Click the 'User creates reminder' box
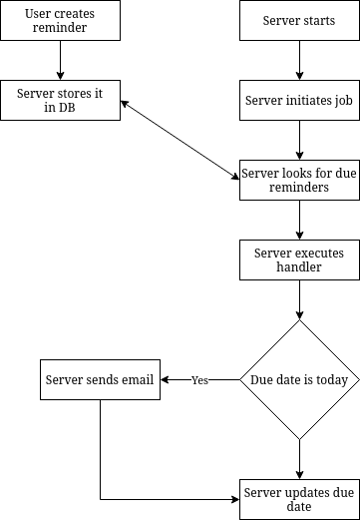pyautogui.click(x=60, y=21)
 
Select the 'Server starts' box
pyautogui.click(x=298, y=21)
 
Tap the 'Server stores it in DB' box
pyautogui.click(x=60, y=100)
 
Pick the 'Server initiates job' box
pyautogui.click(x=298, y=100)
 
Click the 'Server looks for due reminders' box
pyautogui.click(x=298, y=180)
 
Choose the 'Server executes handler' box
pyautogui.click(x=298, y=260)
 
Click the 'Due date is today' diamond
pyautogui.click(x=298, y=379)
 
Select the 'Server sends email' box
pyautogui.click(x=100, y=379)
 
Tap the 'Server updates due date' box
pyautogui.click(x=298, y=498)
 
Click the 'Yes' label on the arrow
pyautogui.click(x=199, y=380)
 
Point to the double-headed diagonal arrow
pyautogui.click(x=180, y=140)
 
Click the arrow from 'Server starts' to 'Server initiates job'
pyautogui.click(x=298, y=60)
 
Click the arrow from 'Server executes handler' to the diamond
pyautogui.click(x=298, y=299)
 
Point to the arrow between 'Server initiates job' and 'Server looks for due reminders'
pyautogui.click(x=298, y=140)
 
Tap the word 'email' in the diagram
pyautogui.click(x=136, y=379)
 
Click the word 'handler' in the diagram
pyautogui.click(x=298, y=267)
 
